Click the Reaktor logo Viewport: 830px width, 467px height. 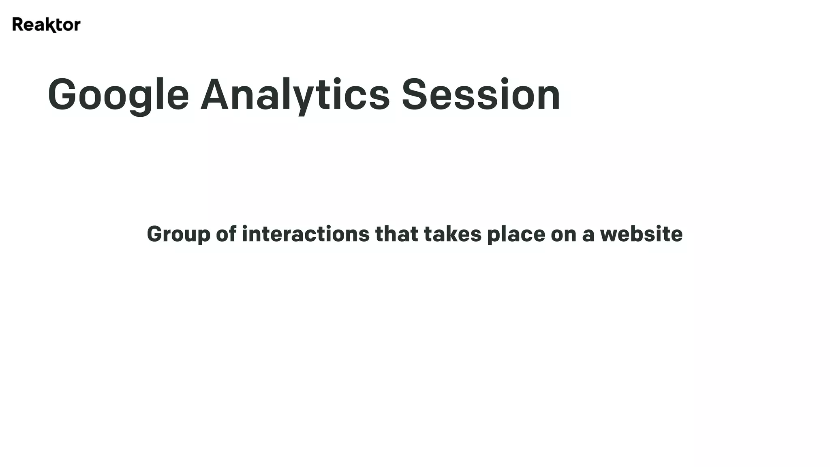click(x=46, y=25)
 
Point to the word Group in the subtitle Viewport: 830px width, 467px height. click(x=179, y=235)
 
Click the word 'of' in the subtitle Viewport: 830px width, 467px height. click(x=226, y=234)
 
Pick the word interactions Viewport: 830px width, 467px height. click(x=306, y=234)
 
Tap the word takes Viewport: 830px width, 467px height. click(x=452, y=234)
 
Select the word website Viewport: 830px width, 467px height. click(x=641, y=234)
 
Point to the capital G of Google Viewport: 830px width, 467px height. click(x=62, y=94)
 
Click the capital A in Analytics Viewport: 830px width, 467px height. click(x=216, y=94)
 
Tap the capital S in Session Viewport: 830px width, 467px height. click(x=415, y=94)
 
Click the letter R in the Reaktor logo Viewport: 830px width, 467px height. click(x=17, y=24)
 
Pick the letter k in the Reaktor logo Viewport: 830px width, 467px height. click(x=50, y=25)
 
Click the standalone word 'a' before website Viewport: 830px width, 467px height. click(x=588, y=236)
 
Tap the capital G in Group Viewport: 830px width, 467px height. click(x=154, y=234)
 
